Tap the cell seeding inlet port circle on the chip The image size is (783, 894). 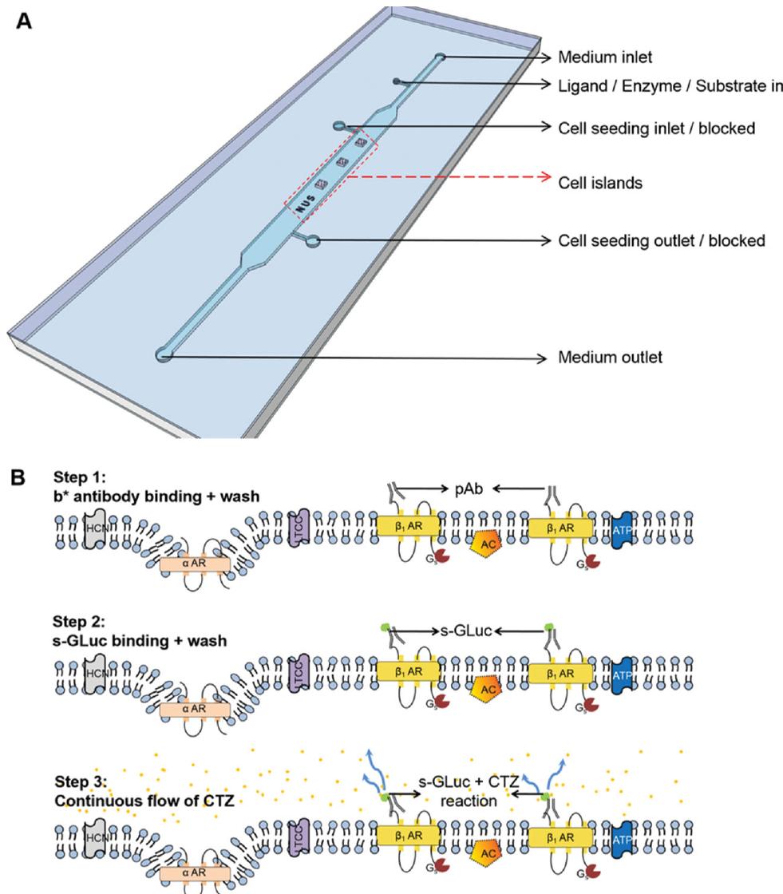339,125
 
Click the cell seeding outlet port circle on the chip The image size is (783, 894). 314,239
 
